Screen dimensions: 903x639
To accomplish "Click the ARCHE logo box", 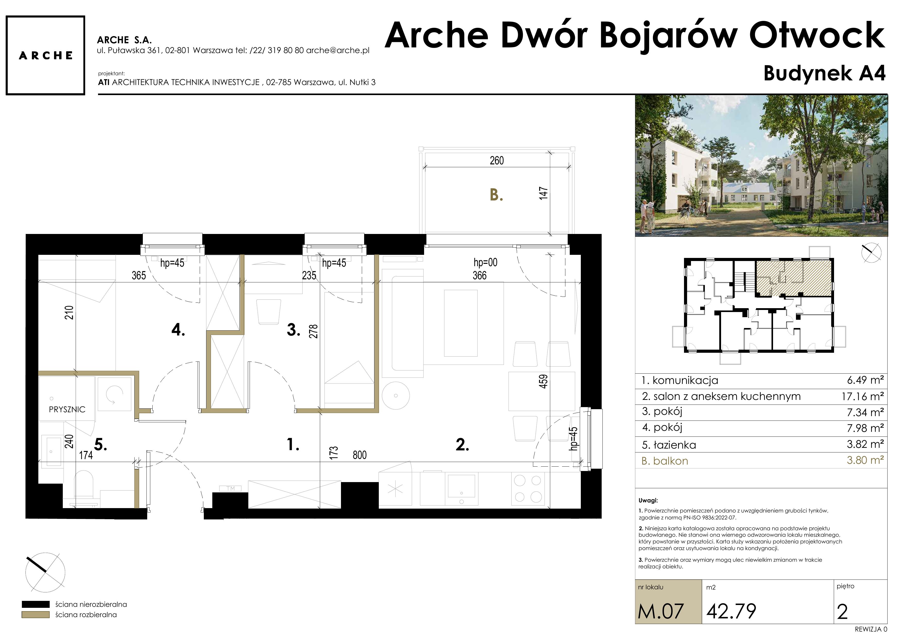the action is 45,55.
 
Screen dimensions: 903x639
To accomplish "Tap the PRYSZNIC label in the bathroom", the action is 67,409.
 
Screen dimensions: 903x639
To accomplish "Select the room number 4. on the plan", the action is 178,330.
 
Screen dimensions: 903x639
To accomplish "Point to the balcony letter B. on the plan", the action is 496,195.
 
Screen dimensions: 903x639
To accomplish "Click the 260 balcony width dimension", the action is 497,161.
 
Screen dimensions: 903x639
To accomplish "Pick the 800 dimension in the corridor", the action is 360,455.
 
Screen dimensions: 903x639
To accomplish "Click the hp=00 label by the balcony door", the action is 485,262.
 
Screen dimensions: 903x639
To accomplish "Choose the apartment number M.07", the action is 661,611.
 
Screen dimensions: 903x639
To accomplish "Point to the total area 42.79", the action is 731,611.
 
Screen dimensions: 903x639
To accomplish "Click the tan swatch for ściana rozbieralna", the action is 36,615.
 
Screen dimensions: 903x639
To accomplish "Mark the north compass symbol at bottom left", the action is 45,572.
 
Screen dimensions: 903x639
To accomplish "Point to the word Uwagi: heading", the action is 648,501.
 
